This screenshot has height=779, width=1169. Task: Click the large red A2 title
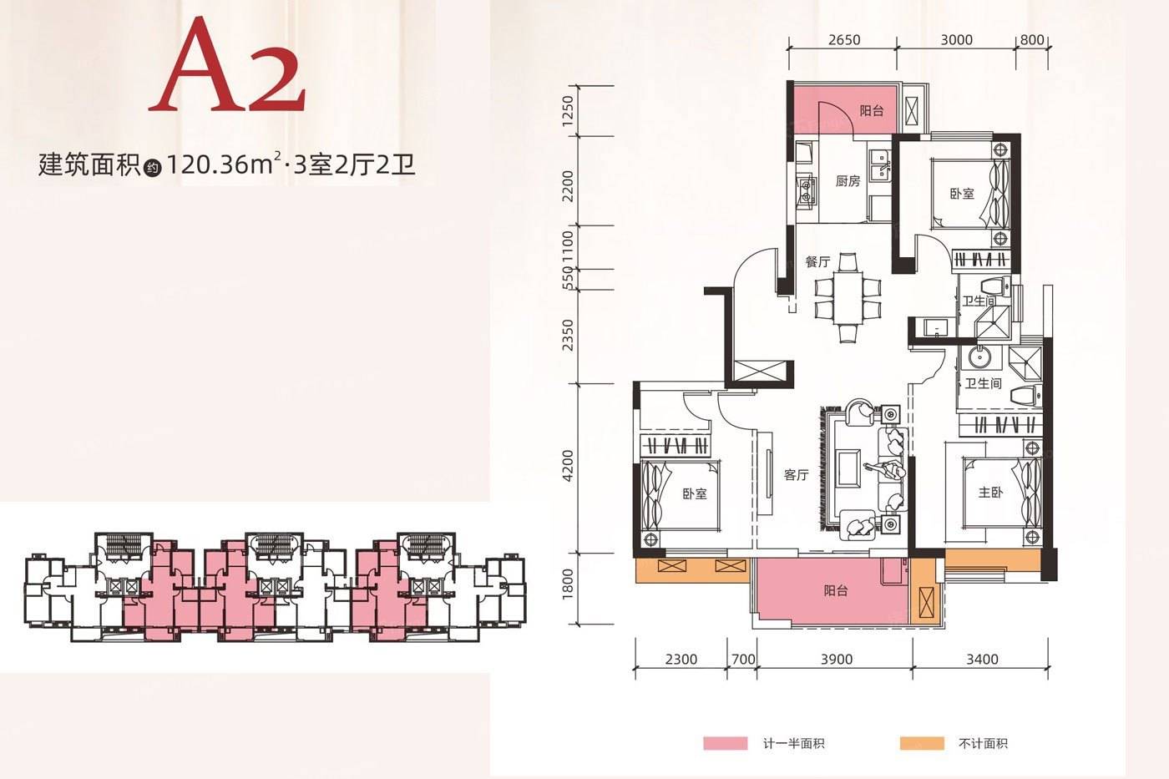(227, 65)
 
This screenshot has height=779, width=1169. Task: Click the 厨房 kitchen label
(848, 181)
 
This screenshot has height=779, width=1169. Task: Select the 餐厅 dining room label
(817, 261)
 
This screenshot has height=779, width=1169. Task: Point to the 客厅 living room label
(797, 474)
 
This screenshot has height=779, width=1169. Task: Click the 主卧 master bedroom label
(990, 492)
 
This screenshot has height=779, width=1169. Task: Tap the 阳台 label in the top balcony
(872, 110)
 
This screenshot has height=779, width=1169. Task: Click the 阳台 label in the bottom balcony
(836, 590)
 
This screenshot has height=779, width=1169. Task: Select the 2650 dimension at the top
(844, 40)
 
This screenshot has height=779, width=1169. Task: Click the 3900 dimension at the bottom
(837, 659)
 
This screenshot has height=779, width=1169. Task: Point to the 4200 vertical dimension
(568, 467)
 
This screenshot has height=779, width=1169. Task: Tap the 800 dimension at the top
(1032, 40)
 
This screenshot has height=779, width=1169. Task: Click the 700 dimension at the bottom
(743, 659)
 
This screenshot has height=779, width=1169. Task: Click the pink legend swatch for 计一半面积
(725, 743)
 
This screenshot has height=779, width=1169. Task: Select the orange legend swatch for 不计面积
(922, 743)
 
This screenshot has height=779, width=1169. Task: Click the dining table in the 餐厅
(848, 297)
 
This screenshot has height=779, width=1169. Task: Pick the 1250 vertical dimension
(568, 110)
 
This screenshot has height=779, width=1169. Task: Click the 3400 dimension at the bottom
(982, 659)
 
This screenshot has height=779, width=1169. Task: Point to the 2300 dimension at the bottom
(681, 659)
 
